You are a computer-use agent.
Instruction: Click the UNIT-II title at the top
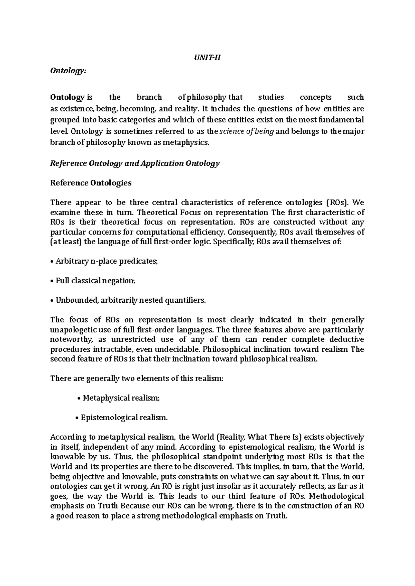[x=207, y=58]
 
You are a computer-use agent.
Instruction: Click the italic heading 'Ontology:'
[x=67, y=71]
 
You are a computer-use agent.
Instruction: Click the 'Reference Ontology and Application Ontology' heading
[x=135, y=163]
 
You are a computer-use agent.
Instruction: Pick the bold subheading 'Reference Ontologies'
[x=91, y=183]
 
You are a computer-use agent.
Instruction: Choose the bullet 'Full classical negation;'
[x=93, y=281]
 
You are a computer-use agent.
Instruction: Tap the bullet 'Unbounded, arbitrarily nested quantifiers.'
[x=128, y=300]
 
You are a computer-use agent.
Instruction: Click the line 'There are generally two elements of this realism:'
[x=137, y=378]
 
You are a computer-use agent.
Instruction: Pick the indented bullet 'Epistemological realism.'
[x=121, y=418]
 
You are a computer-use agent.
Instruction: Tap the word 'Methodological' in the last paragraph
[x=336, y=496]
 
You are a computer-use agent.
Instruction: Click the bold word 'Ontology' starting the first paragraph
[x=67, y=97]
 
